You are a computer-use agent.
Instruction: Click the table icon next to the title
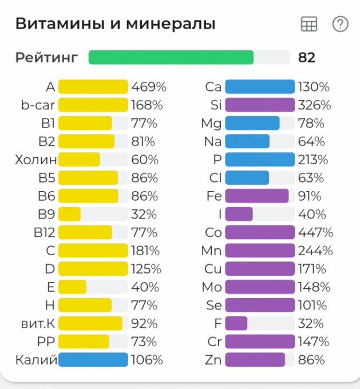[309, 24]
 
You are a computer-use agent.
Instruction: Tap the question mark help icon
[340, 24]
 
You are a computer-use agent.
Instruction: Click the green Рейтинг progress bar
[171, 57]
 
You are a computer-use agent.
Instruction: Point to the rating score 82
[307, 57]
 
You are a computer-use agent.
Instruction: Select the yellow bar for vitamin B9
[70, 215]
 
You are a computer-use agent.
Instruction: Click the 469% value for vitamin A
[149, 87]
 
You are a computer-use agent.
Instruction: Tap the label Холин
[36, 160]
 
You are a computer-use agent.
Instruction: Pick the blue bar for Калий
[93, 360]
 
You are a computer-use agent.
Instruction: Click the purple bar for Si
[259, 105]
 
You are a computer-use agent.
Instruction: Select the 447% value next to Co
[315, 232]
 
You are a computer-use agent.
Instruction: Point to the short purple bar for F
[236, 323]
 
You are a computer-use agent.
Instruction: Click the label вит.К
[37, 323]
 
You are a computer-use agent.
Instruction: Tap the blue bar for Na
[247, 141]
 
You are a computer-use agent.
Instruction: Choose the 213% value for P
[314, 160]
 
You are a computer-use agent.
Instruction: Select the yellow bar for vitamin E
[73, 287]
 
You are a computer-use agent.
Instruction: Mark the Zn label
[213, 360]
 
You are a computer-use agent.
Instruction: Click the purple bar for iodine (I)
[239, 215]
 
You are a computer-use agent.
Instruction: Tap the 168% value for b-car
[147, 105]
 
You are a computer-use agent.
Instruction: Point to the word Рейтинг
[47, 57]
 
